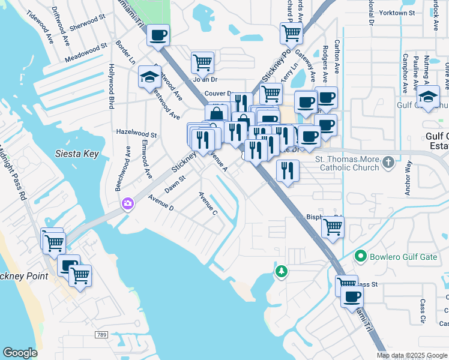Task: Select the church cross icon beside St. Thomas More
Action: [388, 161]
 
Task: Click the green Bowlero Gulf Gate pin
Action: [360, 256]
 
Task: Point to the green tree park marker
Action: [281, 272]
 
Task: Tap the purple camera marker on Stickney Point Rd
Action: [127, 203]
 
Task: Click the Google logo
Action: [20, 353]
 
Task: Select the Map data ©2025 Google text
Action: [411, 355]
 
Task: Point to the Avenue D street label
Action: [160, 203]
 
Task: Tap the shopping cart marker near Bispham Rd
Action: [333, 227]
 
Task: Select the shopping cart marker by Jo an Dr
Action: [203, 62]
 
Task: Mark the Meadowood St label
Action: [86, 51]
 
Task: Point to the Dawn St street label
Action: [175, 183]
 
